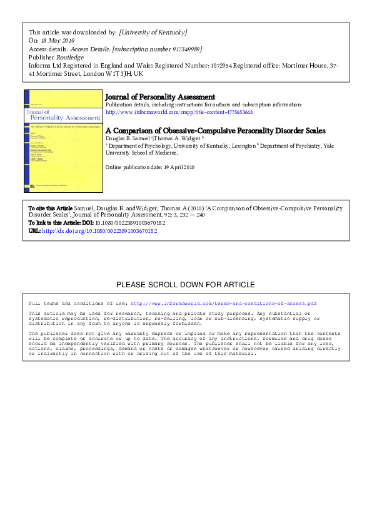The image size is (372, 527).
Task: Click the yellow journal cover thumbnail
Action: (x=63, y=141)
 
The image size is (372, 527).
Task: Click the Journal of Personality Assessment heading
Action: (x=160, y=97)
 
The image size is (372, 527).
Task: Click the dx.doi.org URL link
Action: (x=104, y=231)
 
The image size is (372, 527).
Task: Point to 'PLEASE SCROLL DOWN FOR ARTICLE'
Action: (x=186, y=285)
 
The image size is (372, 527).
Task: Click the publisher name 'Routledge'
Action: (x=70, y=56)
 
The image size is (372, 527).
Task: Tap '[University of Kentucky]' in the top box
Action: (x=153, y=32)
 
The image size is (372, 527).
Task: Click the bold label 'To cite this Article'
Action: (x=51, y=207)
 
